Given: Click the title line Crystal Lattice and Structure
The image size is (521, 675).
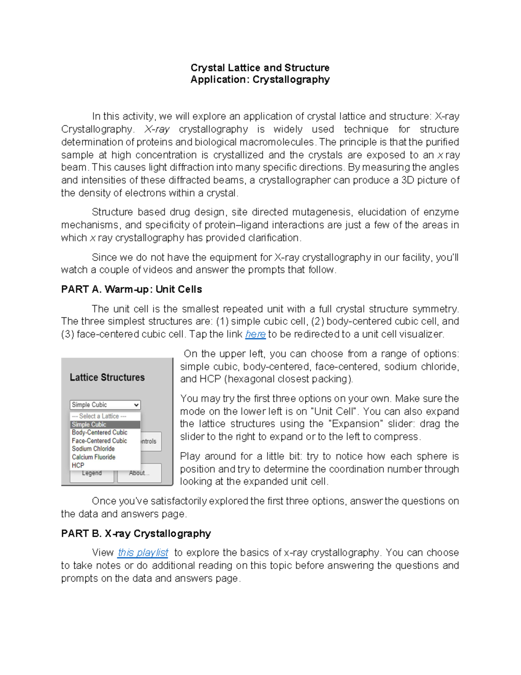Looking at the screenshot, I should point(260,68).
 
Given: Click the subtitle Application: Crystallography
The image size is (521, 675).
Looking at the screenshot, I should point(260,80).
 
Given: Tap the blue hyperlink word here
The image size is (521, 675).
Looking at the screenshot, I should point(255,334).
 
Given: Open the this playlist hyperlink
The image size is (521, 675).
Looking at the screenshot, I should point(143,552).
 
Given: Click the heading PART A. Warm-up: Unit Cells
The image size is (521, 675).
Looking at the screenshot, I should point(131,289).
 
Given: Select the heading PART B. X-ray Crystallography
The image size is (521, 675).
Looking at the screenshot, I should point(136,533).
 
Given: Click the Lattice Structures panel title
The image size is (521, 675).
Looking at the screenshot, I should point(107,377).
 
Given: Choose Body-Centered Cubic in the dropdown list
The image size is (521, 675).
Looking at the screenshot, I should point(99,432).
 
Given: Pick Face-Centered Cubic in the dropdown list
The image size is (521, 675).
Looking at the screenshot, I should point(99,441).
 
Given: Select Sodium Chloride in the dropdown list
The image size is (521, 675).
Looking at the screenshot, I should point(93,449).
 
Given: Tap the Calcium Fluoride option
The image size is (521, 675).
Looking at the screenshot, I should point(93,457).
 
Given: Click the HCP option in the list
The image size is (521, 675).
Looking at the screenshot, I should point(78,465).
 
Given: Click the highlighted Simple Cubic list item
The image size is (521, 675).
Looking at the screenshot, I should point(89,425).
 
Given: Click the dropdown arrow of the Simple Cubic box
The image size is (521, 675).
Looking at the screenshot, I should point(136,405).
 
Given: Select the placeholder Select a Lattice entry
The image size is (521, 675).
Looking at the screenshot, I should point(99,416).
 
